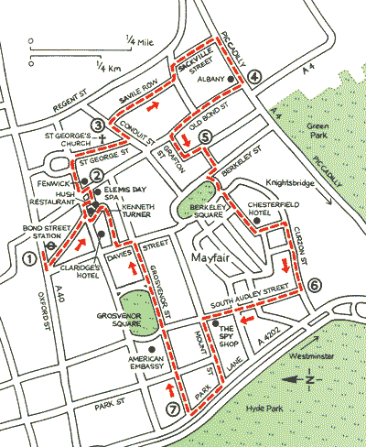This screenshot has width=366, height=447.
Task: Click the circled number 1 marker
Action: [x=31, y=259]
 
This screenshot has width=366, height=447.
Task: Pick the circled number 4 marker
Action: [x=253, y=77]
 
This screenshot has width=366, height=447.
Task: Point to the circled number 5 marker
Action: [x=205, y=137]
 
